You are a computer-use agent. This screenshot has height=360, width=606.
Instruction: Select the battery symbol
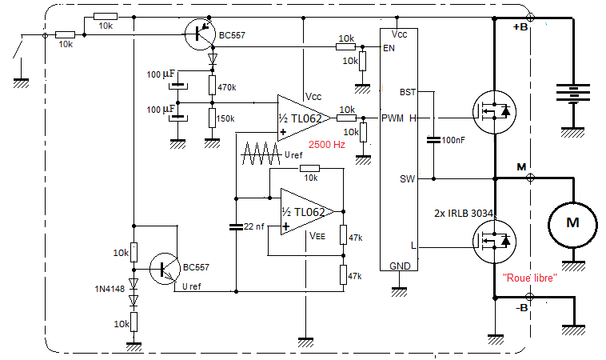[x=572, y=93]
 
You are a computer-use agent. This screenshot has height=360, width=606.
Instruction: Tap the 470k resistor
[x=212, y=85]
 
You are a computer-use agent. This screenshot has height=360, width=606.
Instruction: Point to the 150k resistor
[x=212, y=118]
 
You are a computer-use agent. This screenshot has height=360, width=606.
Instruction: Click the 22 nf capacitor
[x=236, y=226]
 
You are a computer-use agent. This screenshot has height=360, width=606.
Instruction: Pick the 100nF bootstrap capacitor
[x=433, y=139]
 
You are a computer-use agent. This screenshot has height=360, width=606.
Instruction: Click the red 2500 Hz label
[x=326, y=145]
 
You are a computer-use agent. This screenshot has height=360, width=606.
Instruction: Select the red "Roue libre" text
[x=530, y=278]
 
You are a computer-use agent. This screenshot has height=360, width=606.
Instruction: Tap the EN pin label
[x=389, y=48]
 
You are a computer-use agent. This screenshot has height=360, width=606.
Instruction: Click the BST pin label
[x=408, y=92]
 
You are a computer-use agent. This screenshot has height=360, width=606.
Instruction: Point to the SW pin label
[x=408, y=179]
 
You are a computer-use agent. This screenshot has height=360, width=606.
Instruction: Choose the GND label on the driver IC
[x=400, y=266]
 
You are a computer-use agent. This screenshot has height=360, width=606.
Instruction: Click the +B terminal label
[x=520, y=27]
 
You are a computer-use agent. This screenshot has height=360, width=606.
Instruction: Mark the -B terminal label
[x=521, y=308]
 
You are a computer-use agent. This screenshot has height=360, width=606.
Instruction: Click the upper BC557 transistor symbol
[x=199, y=34]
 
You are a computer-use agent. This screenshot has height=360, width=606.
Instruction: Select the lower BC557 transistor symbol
[x=165, y=269]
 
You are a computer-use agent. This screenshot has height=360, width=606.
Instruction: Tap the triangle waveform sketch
[x=261, y=154]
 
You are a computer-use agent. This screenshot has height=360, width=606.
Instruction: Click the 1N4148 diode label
[x=110, y=289]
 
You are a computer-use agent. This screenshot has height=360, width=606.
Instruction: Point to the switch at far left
[x=18, y=46]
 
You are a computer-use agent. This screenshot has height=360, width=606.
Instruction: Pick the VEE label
[x=317, y=235]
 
